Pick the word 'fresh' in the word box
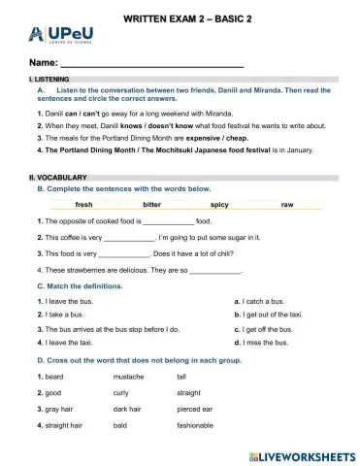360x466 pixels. (84, 206)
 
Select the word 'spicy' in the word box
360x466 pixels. (219, 206)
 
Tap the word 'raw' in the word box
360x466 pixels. (287, 206)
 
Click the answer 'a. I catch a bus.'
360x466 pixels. (262, 302)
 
